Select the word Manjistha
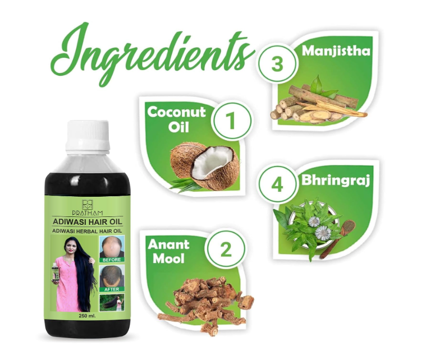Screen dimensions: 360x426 336,52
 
